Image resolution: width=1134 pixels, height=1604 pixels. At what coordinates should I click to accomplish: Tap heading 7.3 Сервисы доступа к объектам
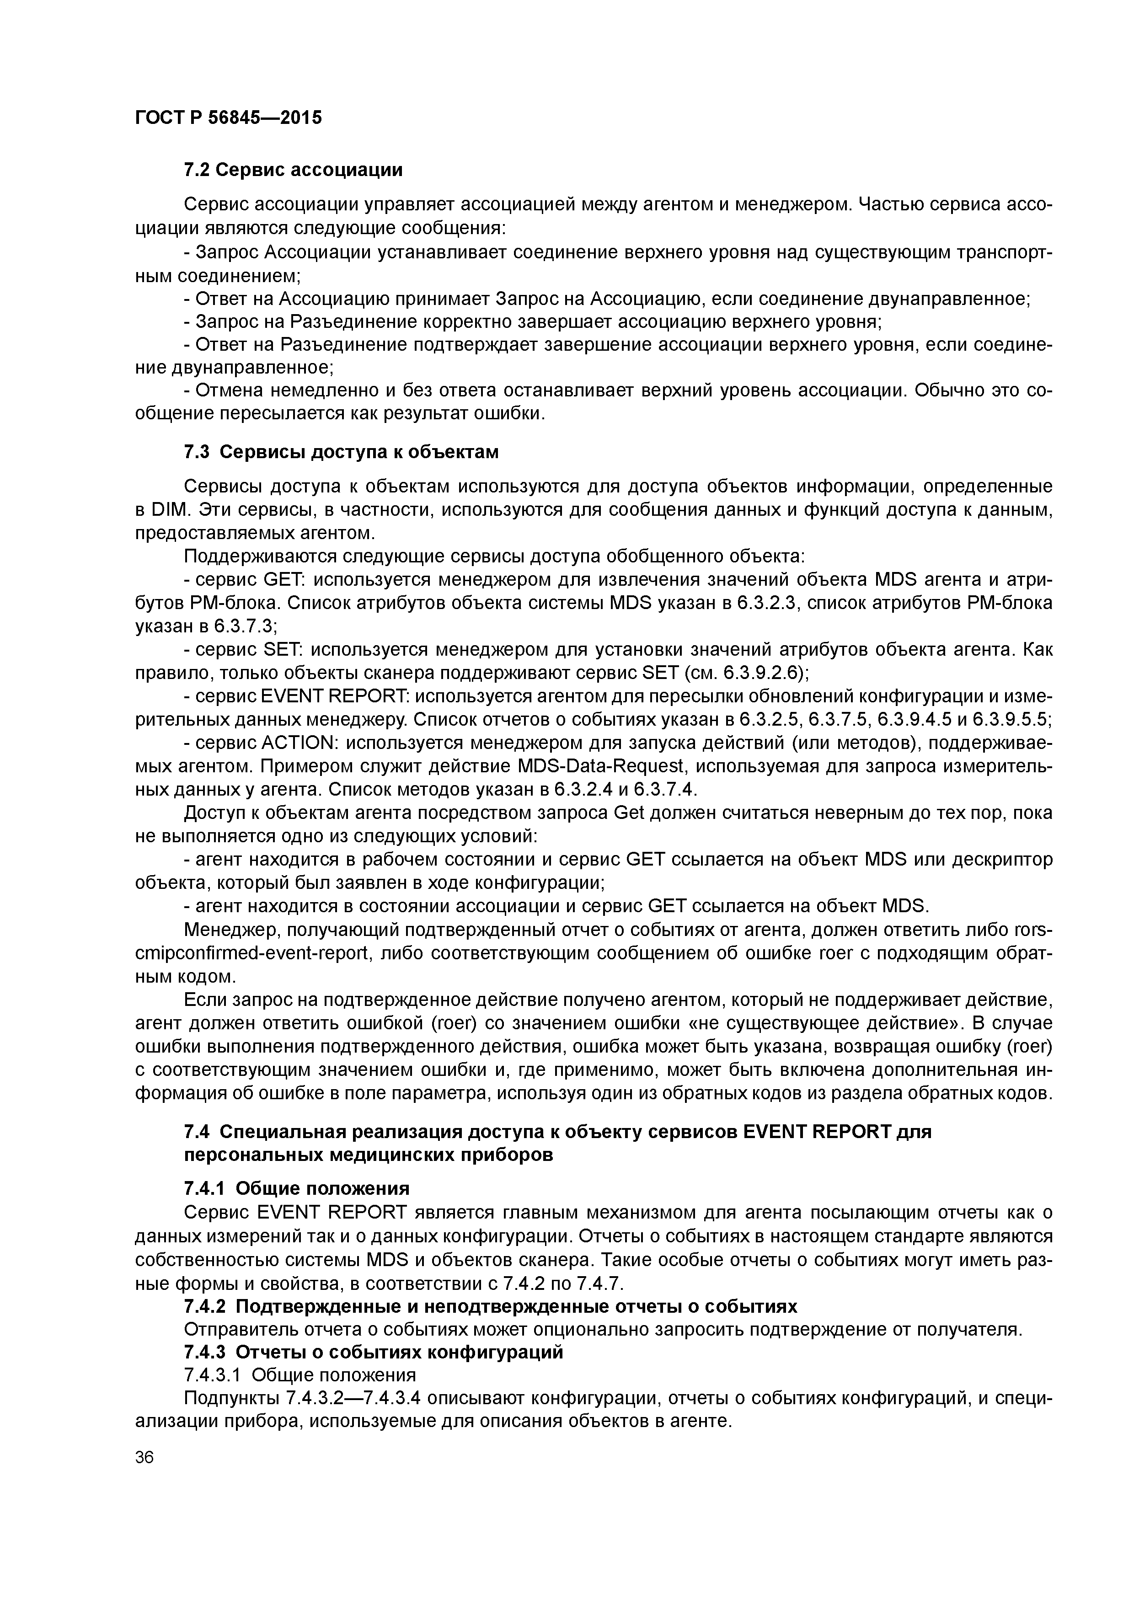341,452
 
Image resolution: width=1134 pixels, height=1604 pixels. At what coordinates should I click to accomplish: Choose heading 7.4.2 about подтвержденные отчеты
490,1306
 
